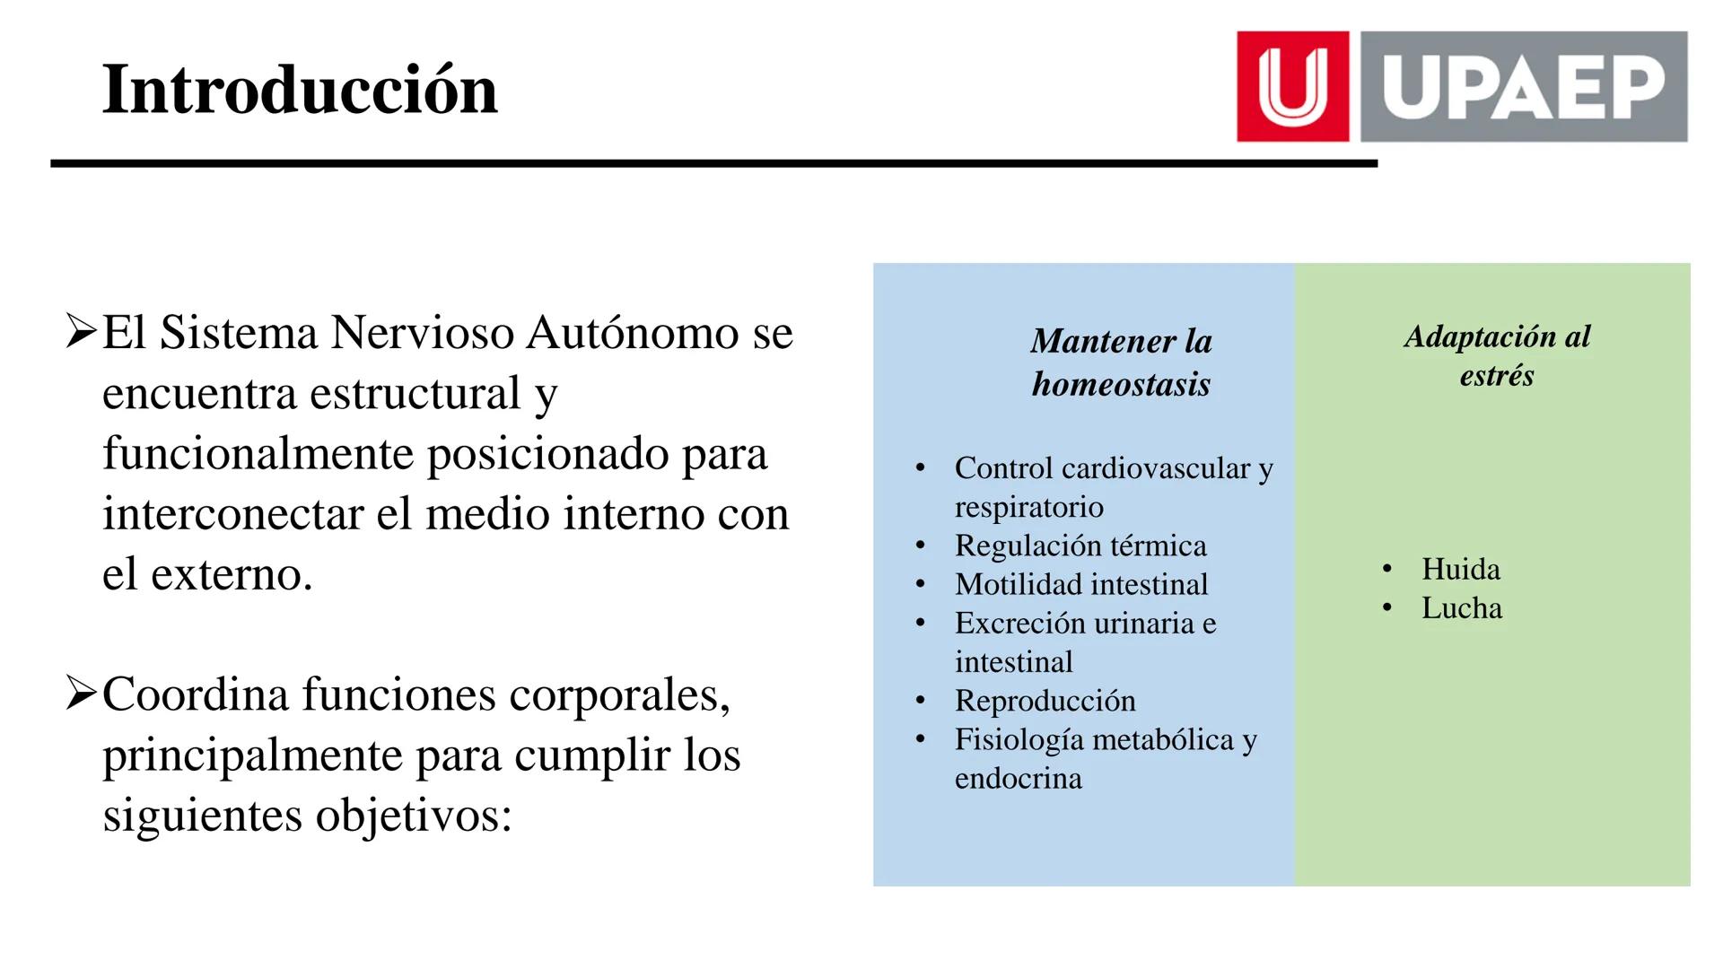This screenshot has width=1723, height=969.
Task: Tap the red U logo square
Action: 1292,86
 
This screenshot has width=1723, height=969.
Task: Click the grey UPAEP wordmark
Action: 1523,86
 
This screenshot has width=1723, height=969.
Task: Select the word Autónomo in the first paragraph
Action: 634,333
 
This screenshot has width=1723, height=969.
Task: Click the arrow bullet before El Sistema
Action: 81,332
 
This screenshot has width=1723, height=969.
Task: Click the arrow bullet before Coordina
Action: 81,694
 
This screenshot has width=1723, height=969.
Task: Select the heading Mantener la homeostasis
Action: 1121,362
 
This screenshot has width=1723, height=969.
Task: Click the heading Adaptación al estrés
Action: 1496,355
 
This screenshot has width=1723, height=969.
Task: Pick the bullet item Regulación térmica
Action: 1080,546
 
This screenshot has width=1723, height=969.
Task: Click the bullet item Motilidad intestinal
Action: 1080,584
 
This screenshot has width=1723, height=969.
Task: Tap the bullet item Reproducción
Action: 1045,701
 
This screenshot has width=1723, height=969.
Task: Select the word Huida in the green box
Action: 1460,569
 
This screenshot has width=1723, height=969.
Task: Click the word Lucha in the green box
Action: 1461,608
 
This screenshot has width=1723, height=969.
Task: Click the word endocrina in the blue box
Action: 1018,778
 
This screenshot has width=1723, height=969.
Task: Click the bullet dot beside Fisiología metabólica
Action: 920,739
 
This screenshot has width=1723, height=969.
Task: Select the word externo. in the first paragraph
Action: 232,574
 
